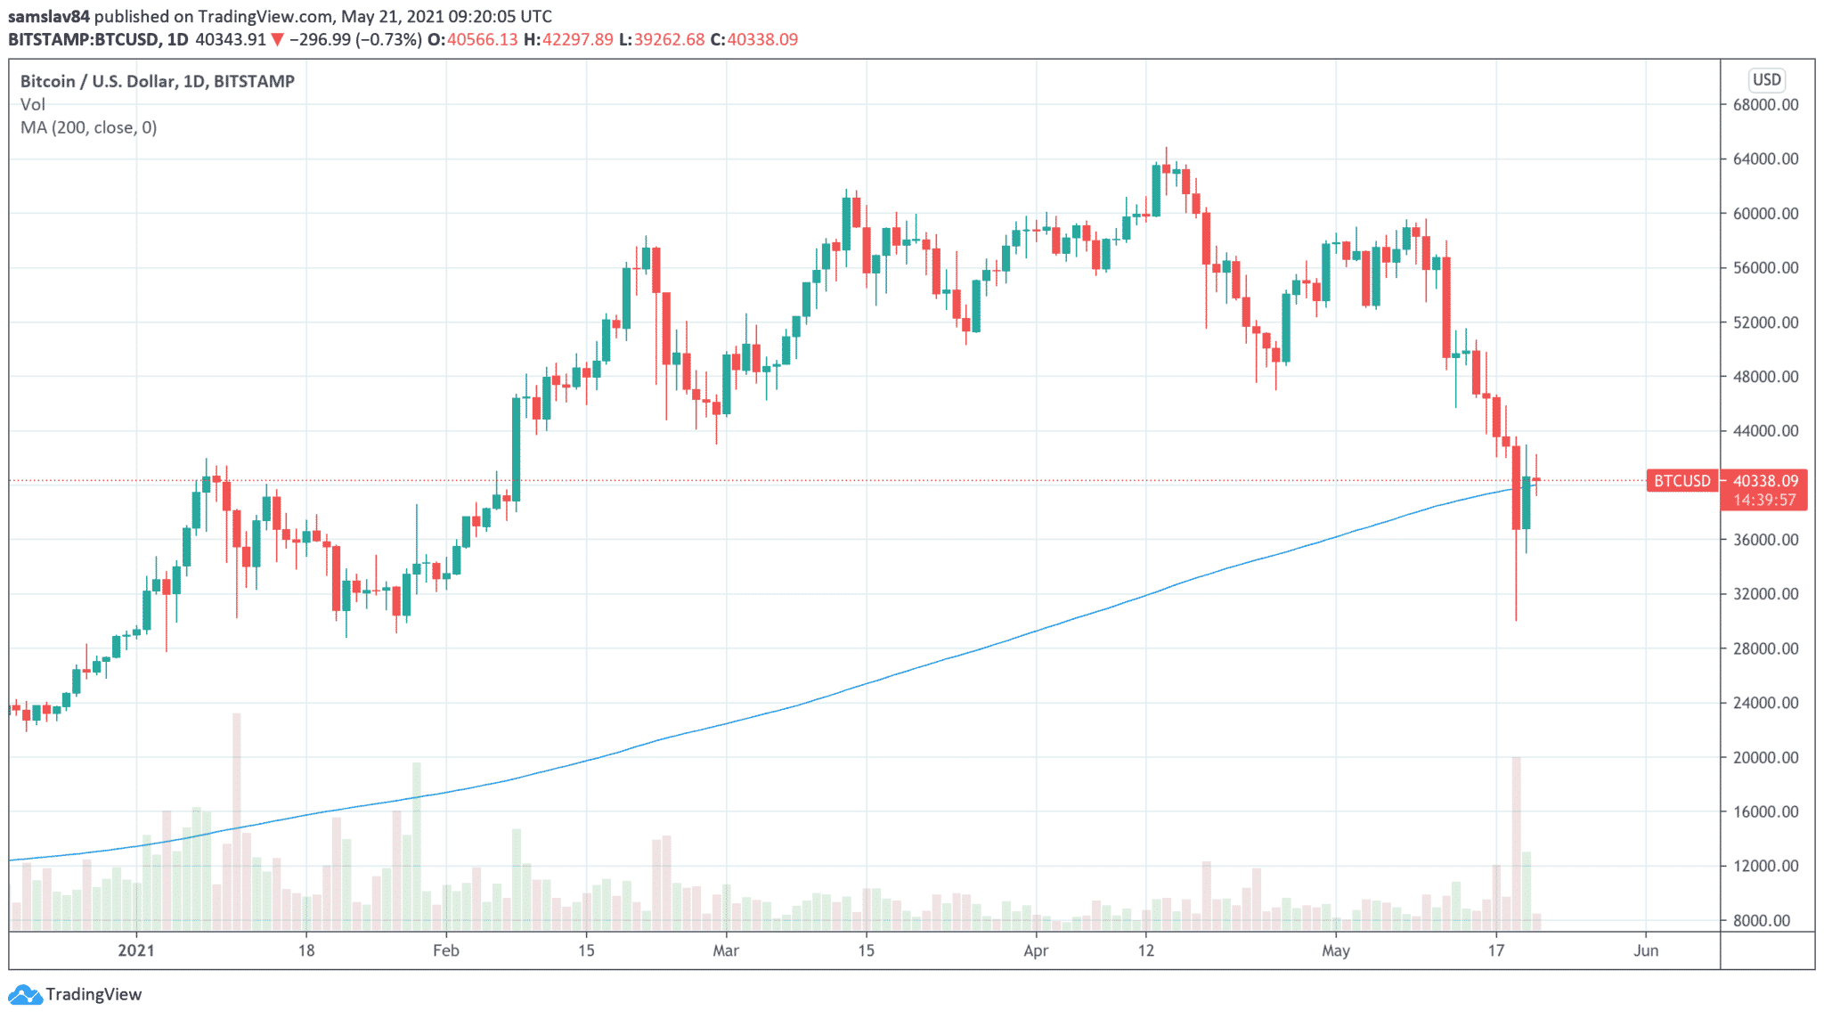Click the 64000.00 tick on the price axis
pyautogui.click(x=1765, y=159)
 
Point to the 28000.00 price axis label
pyautogui.click(x=1765, y=648)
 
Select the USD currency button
pyautogui.click(x=1766, y=80)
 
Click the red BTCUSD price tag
pyautogui.click(x=1681, y=481)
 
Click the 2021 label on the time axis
pyautogui.click(x=136, y=950)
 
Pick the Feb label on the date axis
pyautogui.click(x=445, y=950)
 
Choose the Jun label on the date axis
pyautogui.click(x=1646, y=950)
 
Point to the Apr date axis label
pyautogui.click(x=1036, y=950)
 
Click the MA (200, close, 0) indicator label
pyautogui.click(x=88, y=127)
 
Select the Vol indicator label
pyautogui.click(x=32, y=104)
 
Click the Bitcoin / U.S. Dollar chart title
pyautogui.click(x=157, y=81)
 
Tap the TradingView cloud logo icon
pyautogui.click(x=24, y=994)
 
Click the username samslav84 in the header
pyautogui.click(x=49, y=16)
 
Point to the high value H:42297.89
pyautogui.click(x=568, y=39)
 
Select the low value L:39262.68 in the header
pyautogui.click(x=662, y=39)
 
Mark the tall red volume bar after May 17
pyautogui.click(x=1516, y=837)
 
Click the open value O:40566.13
pyautogui.click(x=472, y=39)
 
